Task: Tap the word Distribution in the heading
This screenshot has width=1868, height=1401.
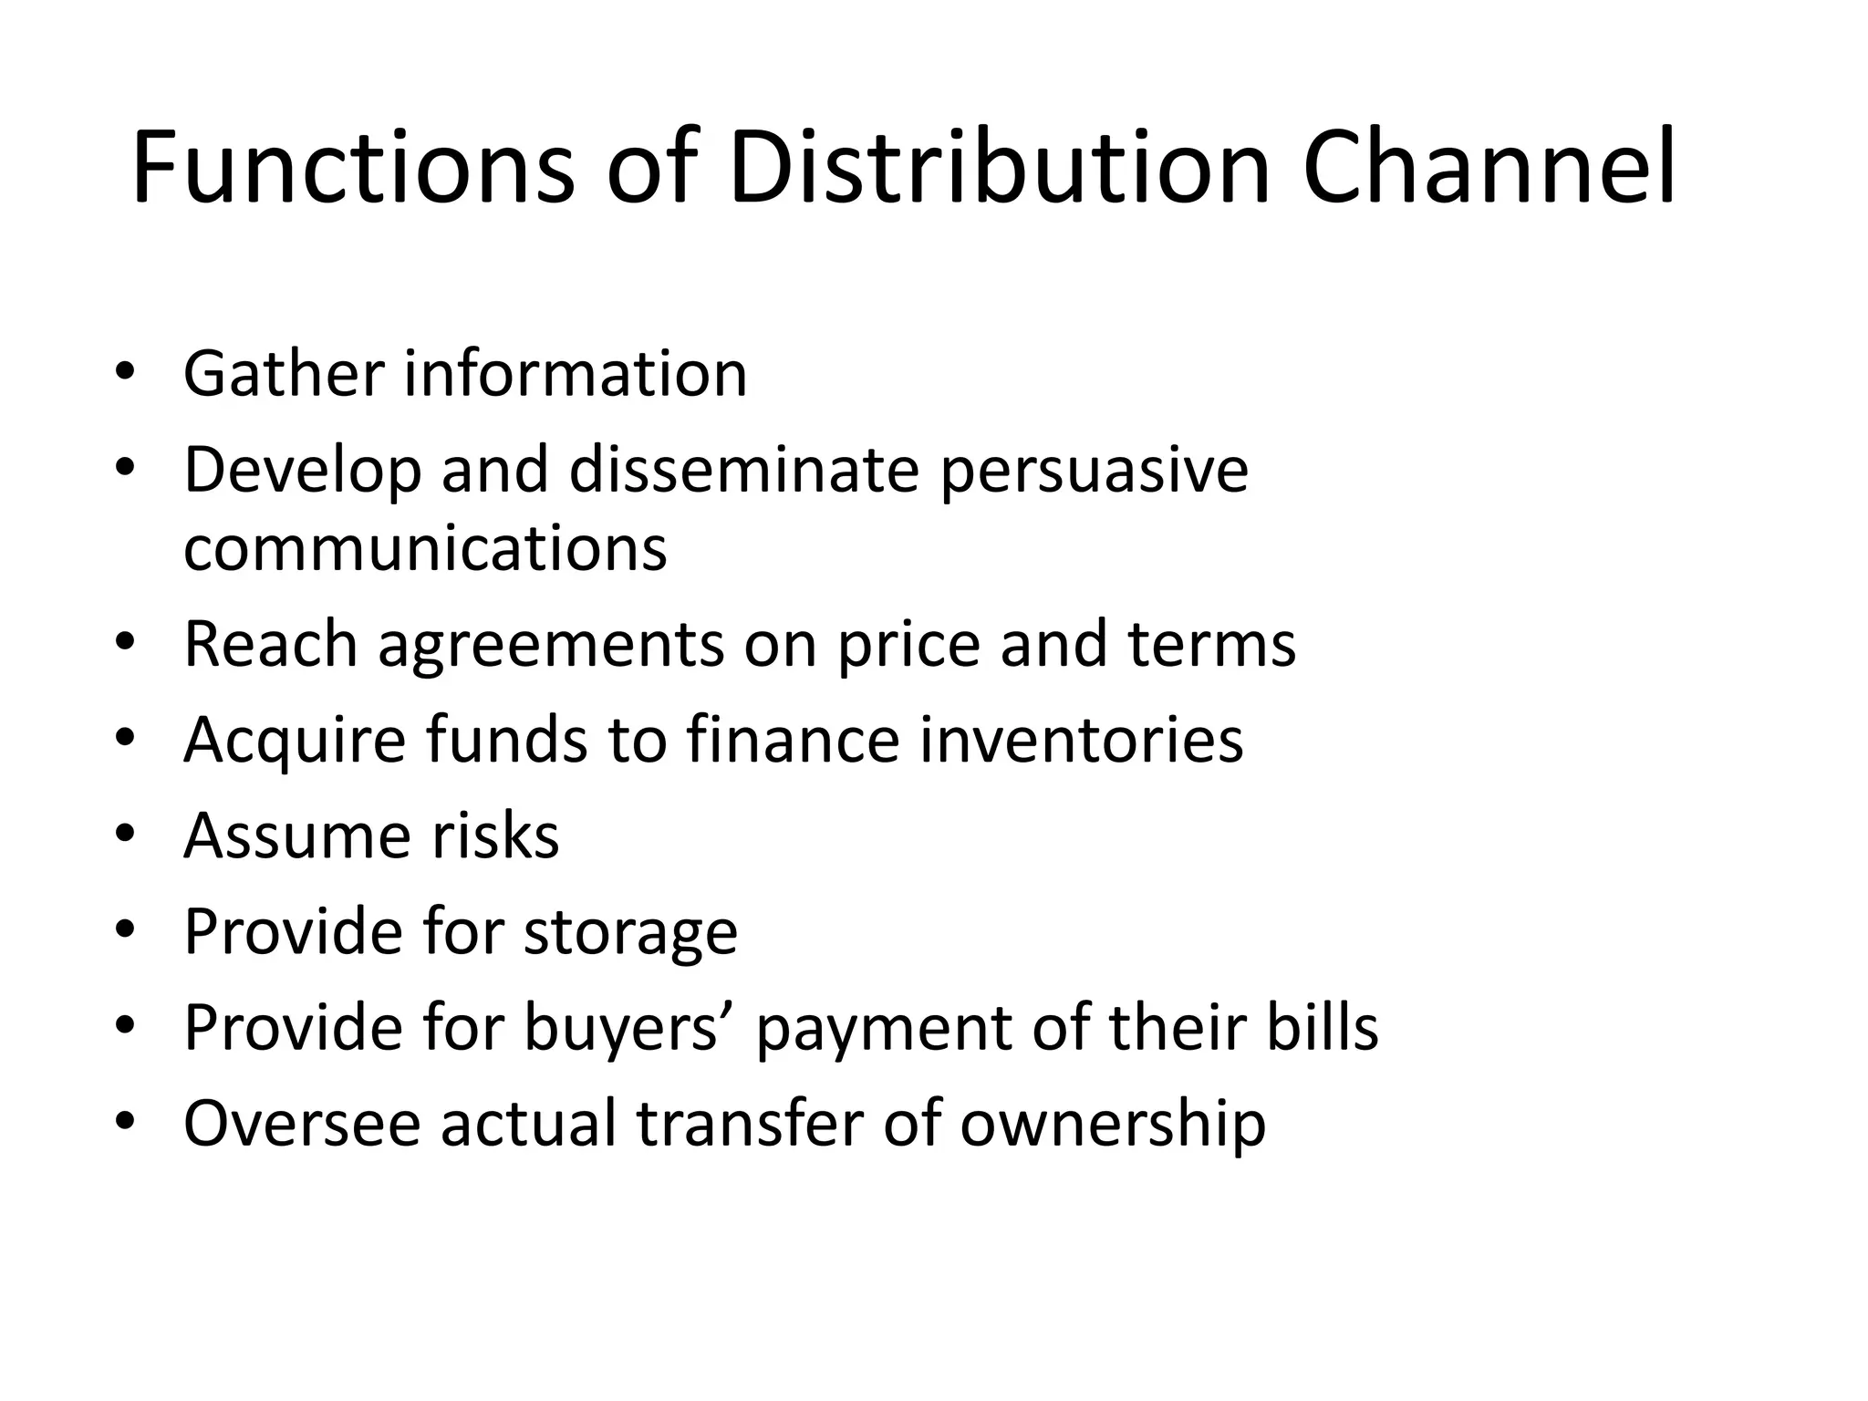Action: point(999,169)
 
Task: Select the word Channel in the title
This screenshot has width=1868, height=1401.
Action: point(1489,169)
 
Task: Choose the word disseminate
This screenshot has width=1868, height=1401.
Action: point(744,471)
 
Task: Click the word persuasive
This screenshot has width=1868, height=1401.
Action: point(1094,471)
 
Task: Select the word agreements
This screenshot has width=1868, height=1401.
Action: point(551,645)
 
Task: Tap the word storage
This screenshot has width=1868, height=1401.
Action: point(631,932)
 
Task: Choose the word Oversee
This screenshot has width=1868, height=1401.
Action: point(302,1124)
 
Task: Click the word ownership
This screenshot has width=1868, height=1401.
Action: point(1112,1124)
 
